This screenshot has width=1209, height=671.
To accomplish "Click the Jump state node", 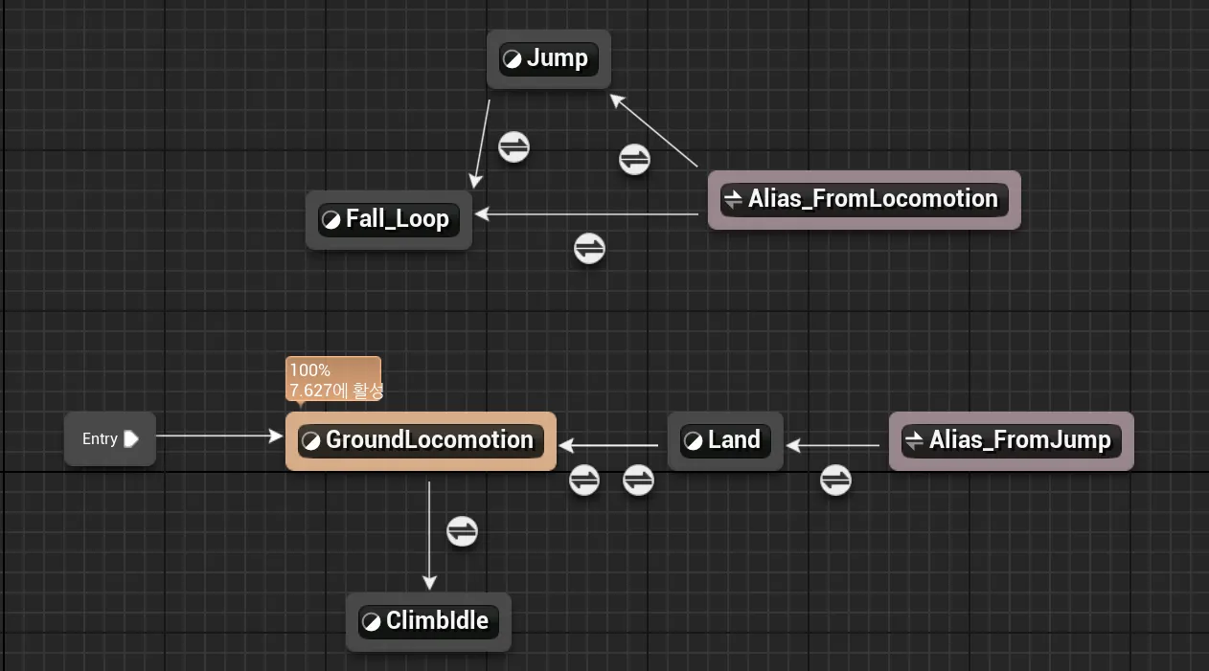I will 548,58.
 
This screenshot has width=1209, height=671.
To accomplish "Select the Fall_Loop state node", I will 388,219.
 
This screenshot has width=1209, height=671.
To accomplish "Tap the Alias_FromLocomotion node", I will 863,199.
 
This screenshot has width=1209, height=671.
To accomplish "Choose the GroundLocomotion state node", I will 421,440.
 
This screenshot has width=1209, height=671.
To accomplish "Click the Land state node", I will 725,440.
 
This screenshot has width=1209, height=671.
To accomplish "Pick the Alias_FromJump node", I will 1011,440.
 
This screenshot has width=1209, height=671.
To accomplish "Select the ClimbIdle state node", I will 428,621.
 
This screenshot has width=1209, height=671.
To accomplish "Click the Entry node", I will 109,439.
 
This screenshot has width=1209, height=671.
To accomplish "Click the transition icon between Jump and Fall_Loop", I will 513,147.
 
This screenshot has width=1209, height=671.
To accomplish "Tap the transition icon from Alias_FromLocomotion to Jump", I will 634,159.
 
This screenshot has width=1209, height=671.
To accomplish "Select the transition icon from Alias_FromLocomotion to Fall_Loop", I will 589,249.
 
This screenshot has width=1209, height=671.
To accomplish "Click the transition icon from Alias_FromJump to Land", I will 835,480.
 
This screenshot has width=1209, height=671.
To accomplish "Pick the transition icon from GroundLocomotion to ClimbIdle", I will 462,530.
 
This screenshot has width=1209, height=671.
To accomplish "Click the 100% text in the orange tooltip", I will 309,370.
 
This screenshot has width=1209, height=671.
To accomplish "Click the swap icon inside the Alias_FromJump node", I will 915,440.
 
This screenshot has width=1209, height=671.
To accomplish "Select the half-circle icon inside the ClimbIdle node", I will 371,622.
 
